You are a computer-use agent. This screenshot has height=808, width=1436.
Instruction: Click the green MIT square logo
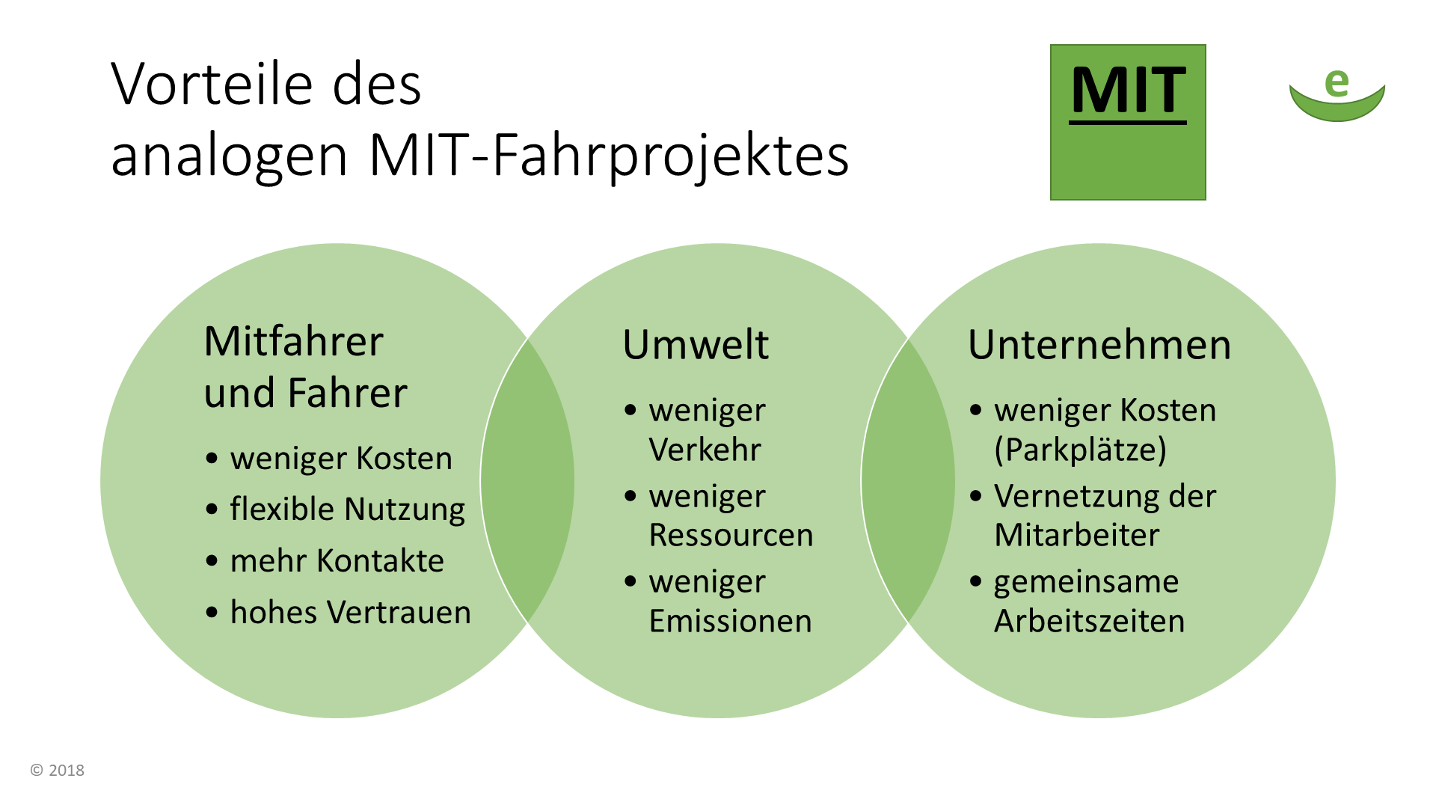pyautogui.click(x=1128, y=122)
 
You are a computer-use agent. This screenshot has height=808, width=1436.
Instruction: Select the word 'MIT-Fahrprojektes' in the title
pyautogui.click(x=609, y=156)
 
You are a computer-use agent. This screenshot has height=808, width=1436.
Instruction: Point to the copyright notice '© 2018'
pyautogui.click(x=58, y=770)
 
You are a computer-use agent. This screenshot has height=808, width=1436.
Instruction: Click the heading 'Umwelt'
pyautogui.click(x=696, y=345)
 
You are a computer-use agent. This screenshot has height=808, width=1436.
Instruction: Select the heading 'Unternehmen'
pyautogui.click(x=1099, y=345)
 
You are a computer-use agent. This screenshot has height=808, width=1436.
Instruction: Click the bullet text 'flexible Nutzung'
pyautogui.click(x=347, y=509)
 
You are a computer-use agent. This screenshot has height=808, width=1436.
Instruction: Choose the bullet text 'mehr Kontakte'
pyautogui.click(x=337, y=560)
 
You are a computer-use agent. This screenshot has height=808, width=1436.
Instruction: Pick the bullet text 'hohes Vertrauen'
pyautogui.click(x=350, y=612)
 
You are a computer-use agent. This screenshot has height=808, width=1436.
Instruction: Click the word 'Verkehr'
pyautogui.click(x=705, y=450)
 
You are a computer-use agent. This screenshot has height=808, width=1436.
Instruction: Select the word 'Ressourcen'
pyautogui.click(x=731, y=535)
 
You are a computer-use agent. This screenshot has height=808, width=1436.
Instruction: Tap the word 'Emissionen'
pyautogui.click(x=730, y=621)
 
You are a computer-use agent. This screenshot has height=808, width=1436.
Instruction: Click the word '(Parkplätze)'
pyautogui.click(x=1080, y=450)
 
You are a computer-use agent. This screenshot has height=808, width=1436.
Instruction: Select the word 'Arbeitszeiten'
pyautogui.click(x=1089, y=621)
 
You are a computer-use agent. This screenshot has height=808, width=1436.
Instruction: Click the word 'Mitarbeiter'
pyautogui.click(x=1076, y=535)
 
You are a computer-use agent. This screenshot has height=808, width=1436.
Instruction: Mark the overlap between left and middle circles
pyautogui.click(x=527, y=480)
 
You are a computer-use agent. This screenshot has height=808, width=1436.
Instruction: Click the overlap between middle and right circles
pyautogui.click(x=908, y=480)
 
